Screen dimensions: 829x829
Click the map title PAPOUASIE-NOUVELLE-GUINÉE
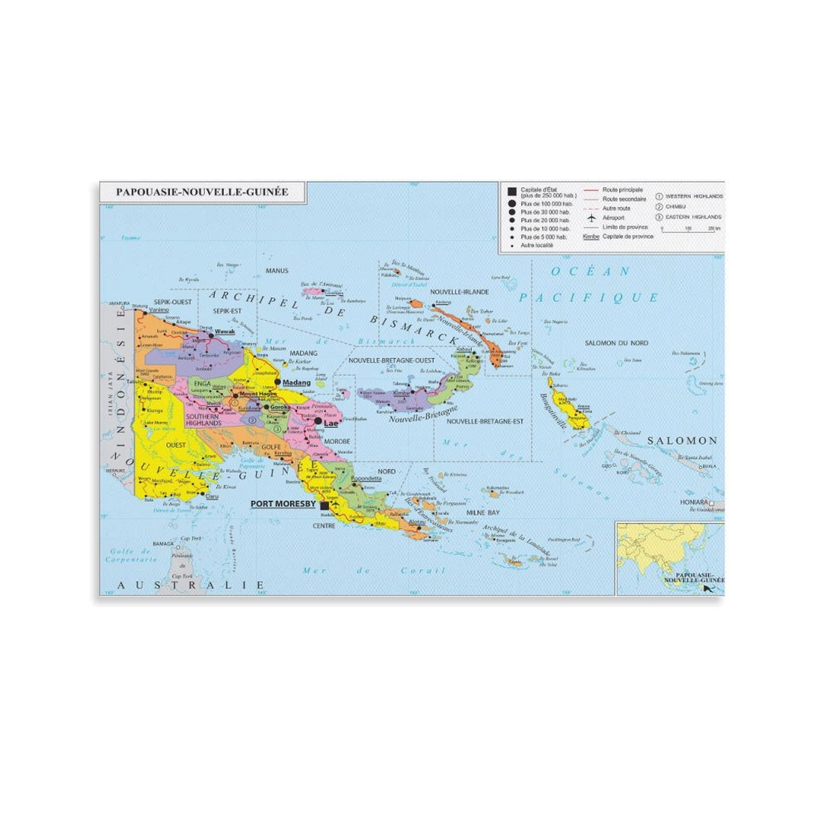[x=202, y=192]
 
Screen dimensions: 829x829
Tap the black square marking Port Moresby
[x=325, y=505]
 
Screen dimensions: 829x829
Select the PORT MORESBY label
[x=283, y=504]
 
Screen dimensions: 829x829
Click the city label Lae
[x=331, y=423]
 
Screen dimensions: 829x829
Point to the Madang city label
[x=296, y=382]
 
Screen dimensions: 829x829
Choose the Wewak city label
[x=224, y=332]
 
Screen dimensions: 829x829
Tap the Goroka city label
[x=280, y=407]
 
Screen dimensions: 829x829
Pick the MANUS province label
[x=277, y=270]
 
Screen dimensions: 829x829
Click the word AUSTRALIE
[x=191, y=585]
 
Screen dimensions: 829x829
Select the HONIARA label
[x=694, y=502]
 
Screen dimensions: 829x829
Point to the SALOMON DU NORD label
[x=616, y=343]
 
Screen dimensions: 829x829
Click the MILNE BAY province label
[x=482, y=512]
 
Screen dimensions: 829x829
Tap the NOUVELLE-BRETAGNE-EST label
[x=485, y=421]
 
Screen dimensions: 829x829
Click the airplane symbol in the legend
[x=591, y=218]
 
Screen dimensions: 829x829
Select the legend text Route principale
[x=622, y=190]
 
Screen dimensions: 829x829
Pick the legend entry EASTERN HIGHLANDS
[x=693, y=217]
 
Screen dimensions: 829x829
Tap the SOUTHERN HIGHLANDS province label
[x=203, y=420]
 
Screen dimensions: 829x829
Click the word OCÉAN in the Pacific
[x=590, y=271]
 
